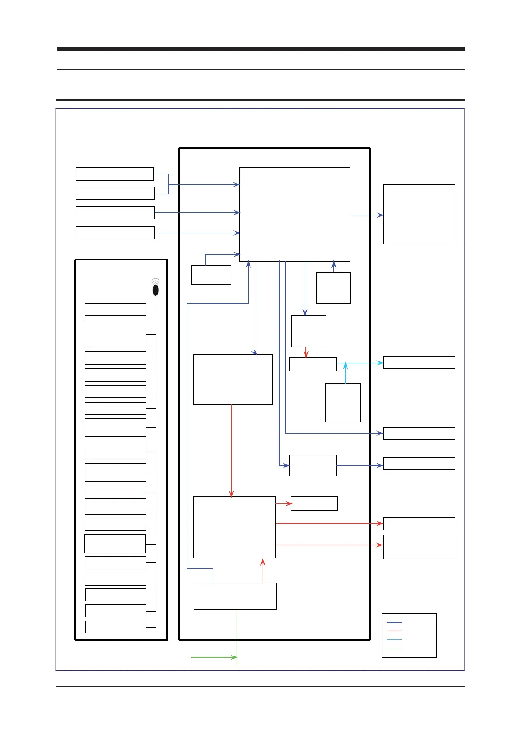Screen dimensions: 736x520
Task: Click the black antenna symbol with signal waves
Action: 155,288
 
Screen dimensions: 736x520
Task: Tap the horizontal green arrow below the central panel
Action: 214,657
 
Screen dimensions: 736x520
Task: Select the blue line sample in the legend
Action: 394,622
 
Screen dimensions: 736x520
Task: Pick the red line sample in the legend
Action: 394,631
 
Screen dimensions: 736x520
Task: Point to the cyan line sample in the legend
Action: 394,640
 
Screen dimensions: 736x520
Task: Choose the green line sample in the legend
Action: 394,649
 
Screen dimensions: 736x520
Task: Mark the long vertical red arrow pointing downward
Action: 232,450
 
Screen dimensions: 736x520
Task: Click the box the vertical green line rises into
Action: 235,596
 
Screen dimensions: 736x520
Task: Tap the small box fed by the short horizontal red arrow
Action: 314,503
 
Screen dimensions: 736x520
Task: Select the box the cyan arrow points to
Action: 419,363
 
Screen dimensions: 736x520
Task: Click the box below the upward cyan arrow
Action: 343,403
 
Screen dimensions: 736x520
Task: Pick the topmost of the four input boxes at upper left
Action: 115,174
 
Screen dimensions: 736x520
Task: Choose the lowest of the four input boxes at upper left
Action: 115,233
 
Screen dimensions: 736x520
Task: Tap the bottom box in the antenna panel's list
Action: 116,627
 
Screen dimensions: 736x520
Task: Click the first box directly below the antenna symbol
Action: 115,309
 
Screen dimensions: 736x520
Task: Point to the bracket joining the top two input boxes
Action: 168,184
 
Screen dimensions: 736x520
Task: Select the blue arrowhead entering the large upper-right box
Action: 381,215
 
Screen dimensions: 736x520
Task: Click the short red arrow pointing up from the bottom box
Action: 263,570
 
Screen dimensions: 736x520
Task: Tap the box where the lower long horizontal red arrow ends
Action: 419,547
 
